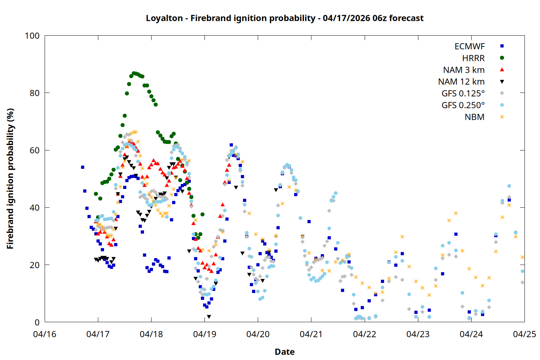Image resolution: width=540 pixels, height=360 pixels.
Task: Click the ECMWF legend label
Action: (x=469, y=46)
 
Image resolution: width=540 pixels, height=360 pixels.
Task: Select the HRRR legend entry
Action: (x=473, y=58)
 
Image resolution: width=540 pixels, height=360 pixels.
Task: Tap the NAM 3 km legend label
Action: (x=464, y=70)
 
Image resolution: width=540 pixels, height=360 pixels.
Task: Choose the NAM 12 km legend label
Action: (x=461, y=82)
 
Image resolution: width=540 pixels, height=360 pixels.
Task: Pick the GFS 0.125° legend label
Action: (x=463, y=94)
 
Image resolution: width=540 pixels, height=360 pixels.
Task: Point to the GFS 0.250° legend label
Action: (x=463, y=105)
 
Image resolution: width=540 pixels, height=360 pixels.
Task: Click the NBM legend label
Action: (x=474, y=117)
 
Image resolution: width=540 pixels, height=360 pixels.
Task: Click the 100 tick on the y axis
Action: (x=32, y=36)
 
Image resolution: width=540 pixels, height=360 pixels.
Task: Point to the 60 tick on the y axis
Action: (x=35, y=150)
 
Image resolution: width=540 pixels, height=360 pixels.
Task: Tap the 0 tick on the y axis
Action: (x=37, y=323)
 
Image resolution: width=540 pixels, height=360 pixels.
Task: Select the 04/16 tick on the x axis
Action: (x=45, y=334)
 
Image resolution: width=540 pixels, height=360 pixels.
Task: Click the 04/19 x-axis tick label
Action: (x=204, y=334)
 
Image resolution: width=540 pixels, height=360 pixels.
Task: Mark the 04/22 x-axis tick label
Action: (x=364, y=334)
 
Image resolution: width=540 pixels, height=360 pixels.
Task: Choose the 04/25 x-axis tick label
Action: (x=524, y=334)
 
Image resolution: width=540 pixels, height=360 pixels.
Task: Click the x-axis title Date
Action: (x=284, y=352)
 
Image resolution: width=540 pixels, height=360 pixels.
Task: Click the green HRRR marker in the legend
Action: (x=502, y=58)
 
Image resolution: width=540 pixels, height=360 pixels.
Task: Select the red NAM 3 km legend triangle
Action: (x=502, y=70)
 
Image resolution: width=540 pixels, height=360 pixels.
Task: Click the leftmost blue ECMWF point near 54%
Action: (x=82, y=167)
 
